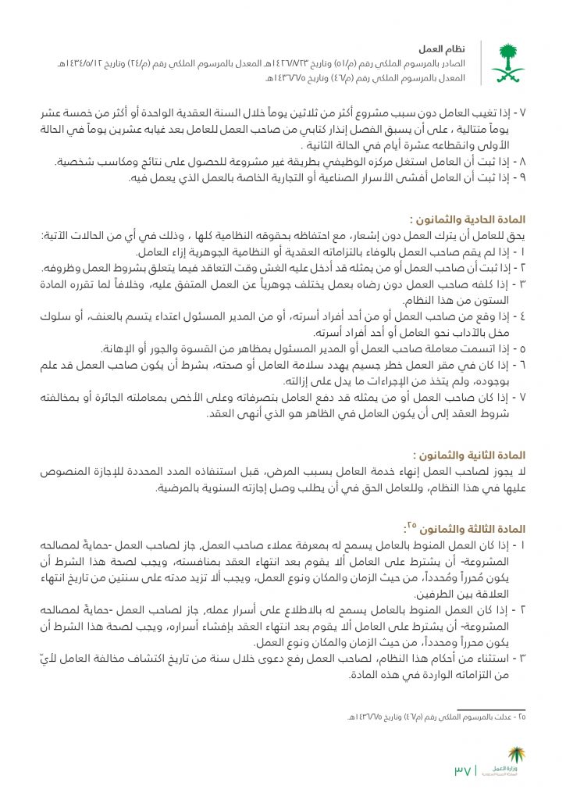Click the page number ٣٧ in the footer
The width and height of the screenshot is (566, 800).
[x=462, y=770]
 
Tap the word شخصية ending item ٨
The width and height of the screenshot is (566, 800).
[x=77, y=162]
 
